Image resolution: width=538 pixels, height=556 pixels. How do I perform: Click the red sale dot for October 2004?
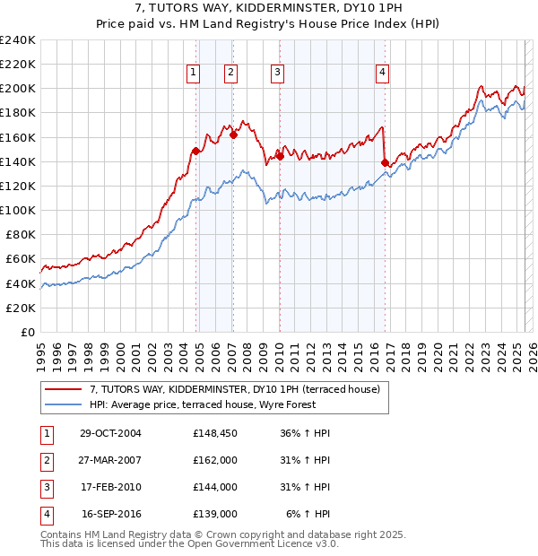(195, 151)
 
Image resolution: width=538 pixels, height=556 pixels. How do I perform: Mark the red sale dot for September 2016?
(385, 162)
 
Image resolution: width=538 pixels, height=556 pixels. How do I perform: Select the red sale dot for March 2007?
(233, 135)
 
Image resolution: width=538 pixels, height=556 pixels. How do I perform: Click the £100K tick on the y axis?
(18, 210)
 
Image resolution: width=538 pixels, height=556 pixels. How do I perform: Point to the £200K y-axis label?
(18, 88)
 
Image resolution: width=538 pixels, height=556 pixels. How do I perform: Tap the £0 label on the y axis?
(27, 332)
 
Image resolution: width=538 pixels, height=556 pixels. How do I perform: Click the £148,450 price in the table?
(215, 433)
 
